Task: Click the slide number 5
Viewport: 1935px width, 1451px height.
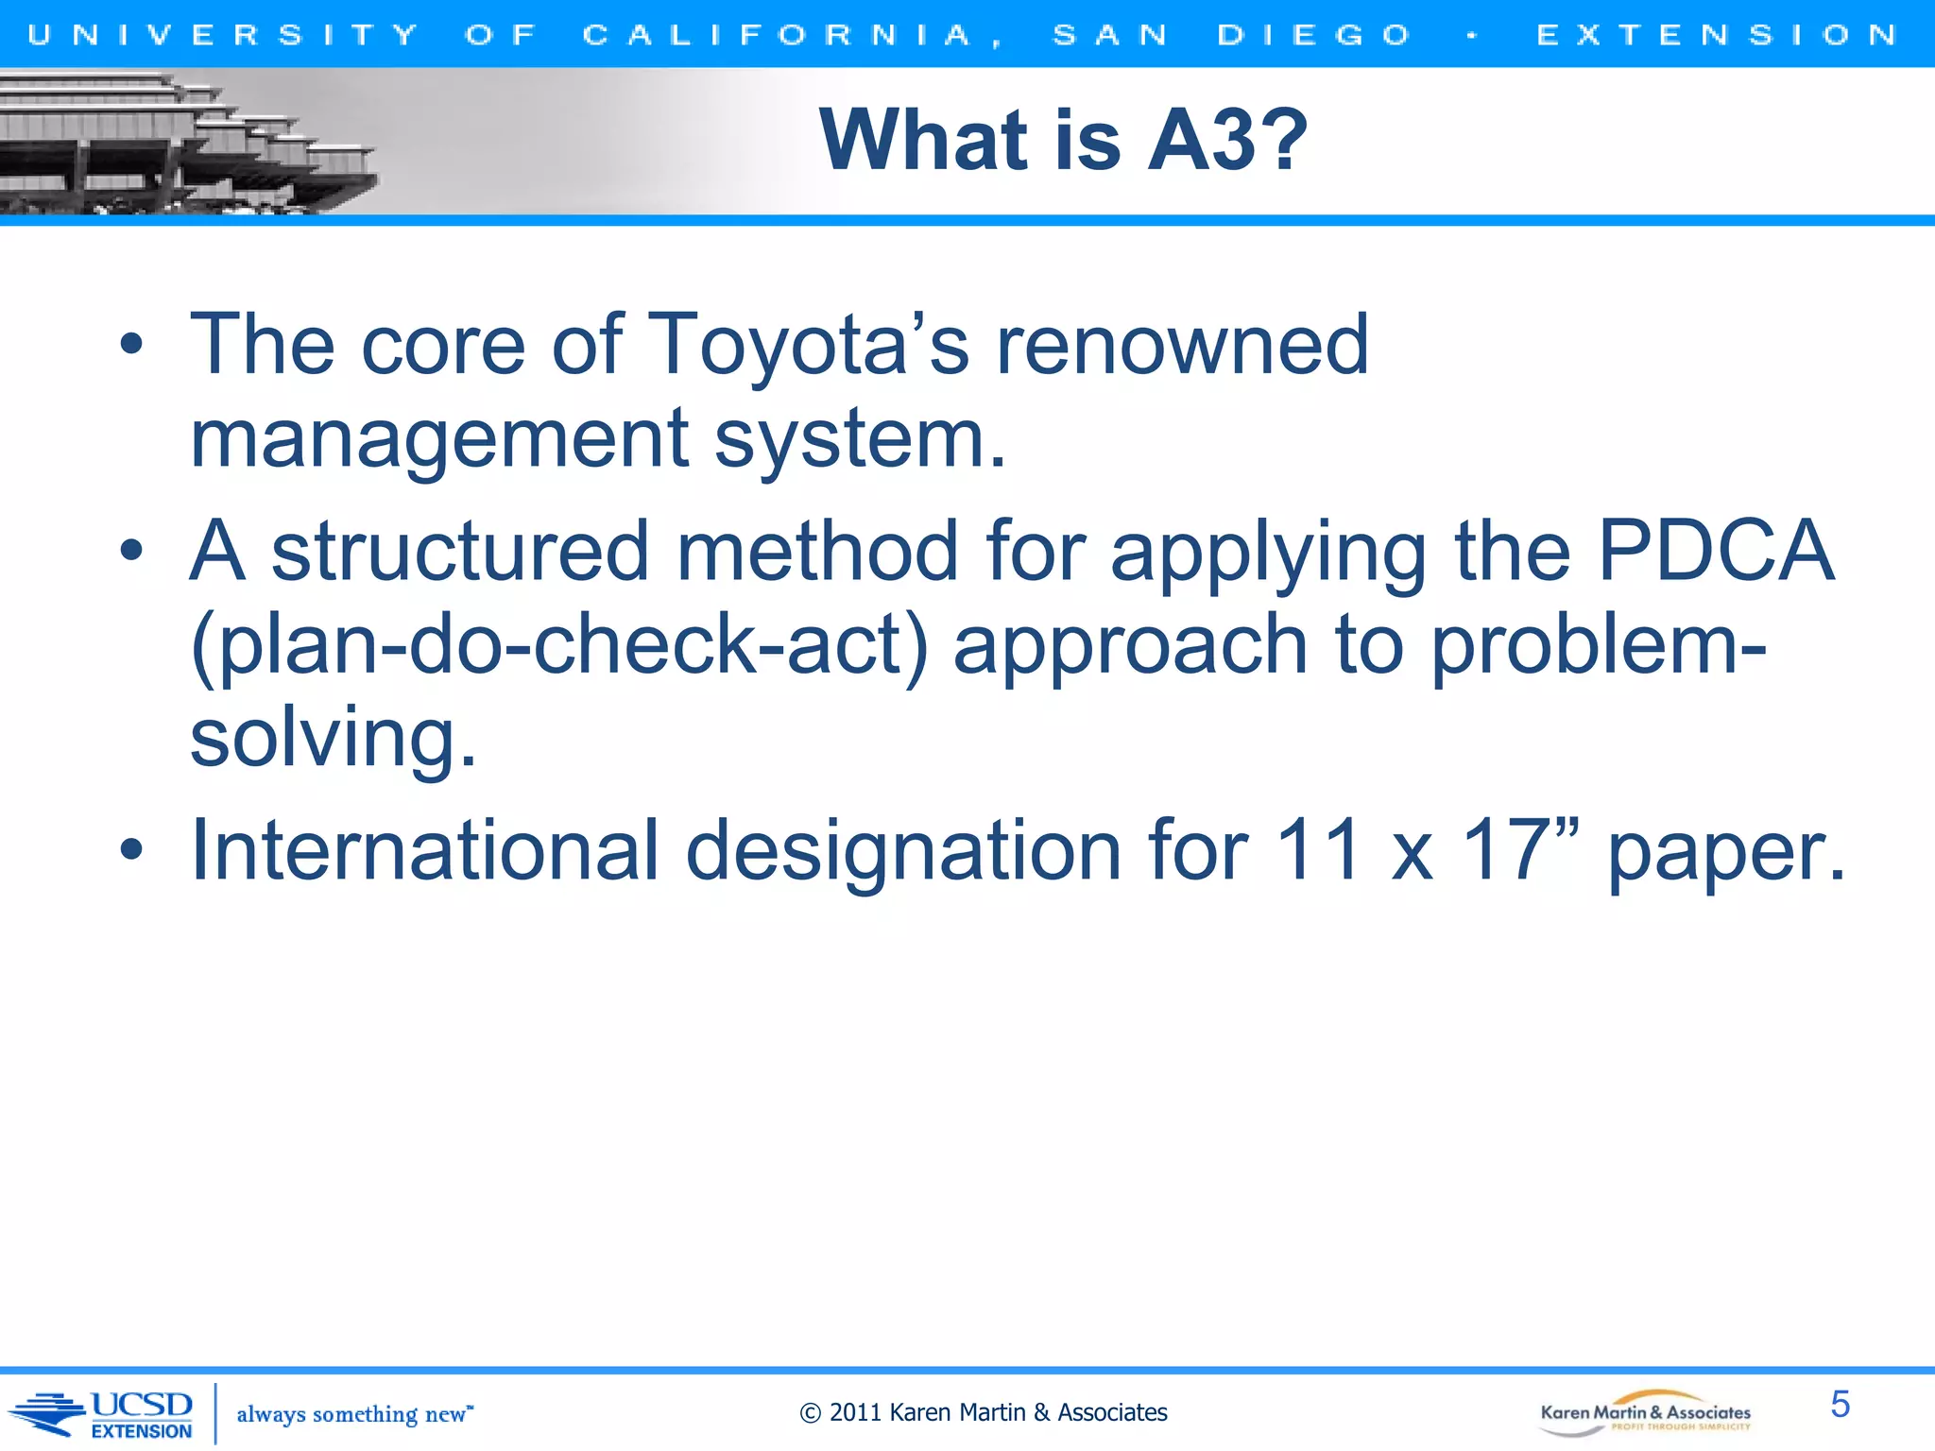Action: [x=1840, y=1404]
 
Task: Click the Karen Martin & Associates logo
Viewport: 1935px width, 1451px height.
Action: [x=1645, y=1413]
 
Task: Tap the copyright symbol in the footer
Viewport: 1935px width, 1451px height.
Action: [x=810, y=1413]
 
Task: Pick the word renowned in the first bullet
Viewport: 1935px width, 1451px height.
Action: [x=1183, y=346]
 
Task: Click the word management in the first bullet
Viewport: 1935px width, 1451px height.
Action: [x=439, y=439]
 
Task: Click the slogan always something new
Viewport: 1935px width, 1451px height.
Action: [x=353, y=1414]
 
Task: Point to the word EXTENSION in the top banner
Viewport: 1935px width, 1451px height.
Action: [x=1717, y=35]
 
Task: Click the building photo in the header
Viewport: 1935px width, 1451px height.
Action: [x=189, y=142]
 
